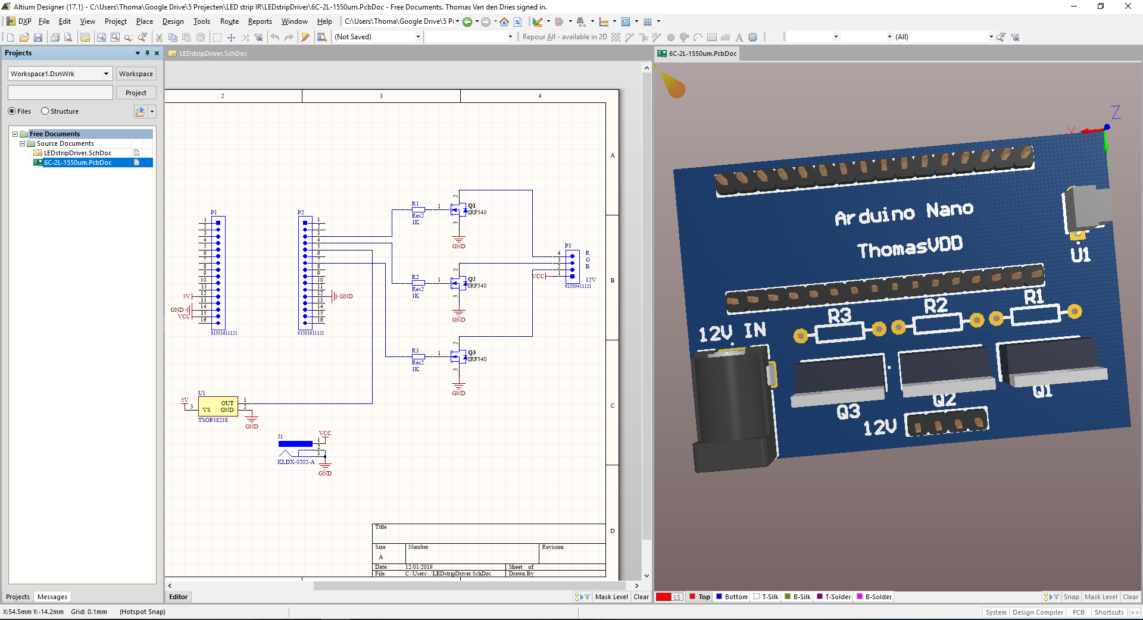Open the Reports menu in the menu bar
(x=260, y=21)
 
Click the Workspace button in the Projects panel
(x=136, y=74)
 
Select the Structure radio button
(x=45, y=111)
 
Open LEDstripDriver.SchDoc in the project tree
(x=77, y=153)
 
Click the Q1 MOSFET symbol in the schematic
(x=458, y=209)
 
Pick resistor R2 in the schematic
(x=419, y=283)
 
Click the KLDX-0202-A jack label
(x=296, y=462)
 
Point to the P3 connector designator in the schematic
(x=567, y=245)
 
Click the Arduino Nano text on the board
(x=904, y=213)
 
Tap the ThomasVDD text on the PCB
(x=910, y=247)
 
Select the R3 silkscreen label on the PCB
(x=839, y=315)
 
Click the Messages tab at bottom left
(x=52, y=597)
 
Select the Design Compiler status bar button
(x=1037, y=612)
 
